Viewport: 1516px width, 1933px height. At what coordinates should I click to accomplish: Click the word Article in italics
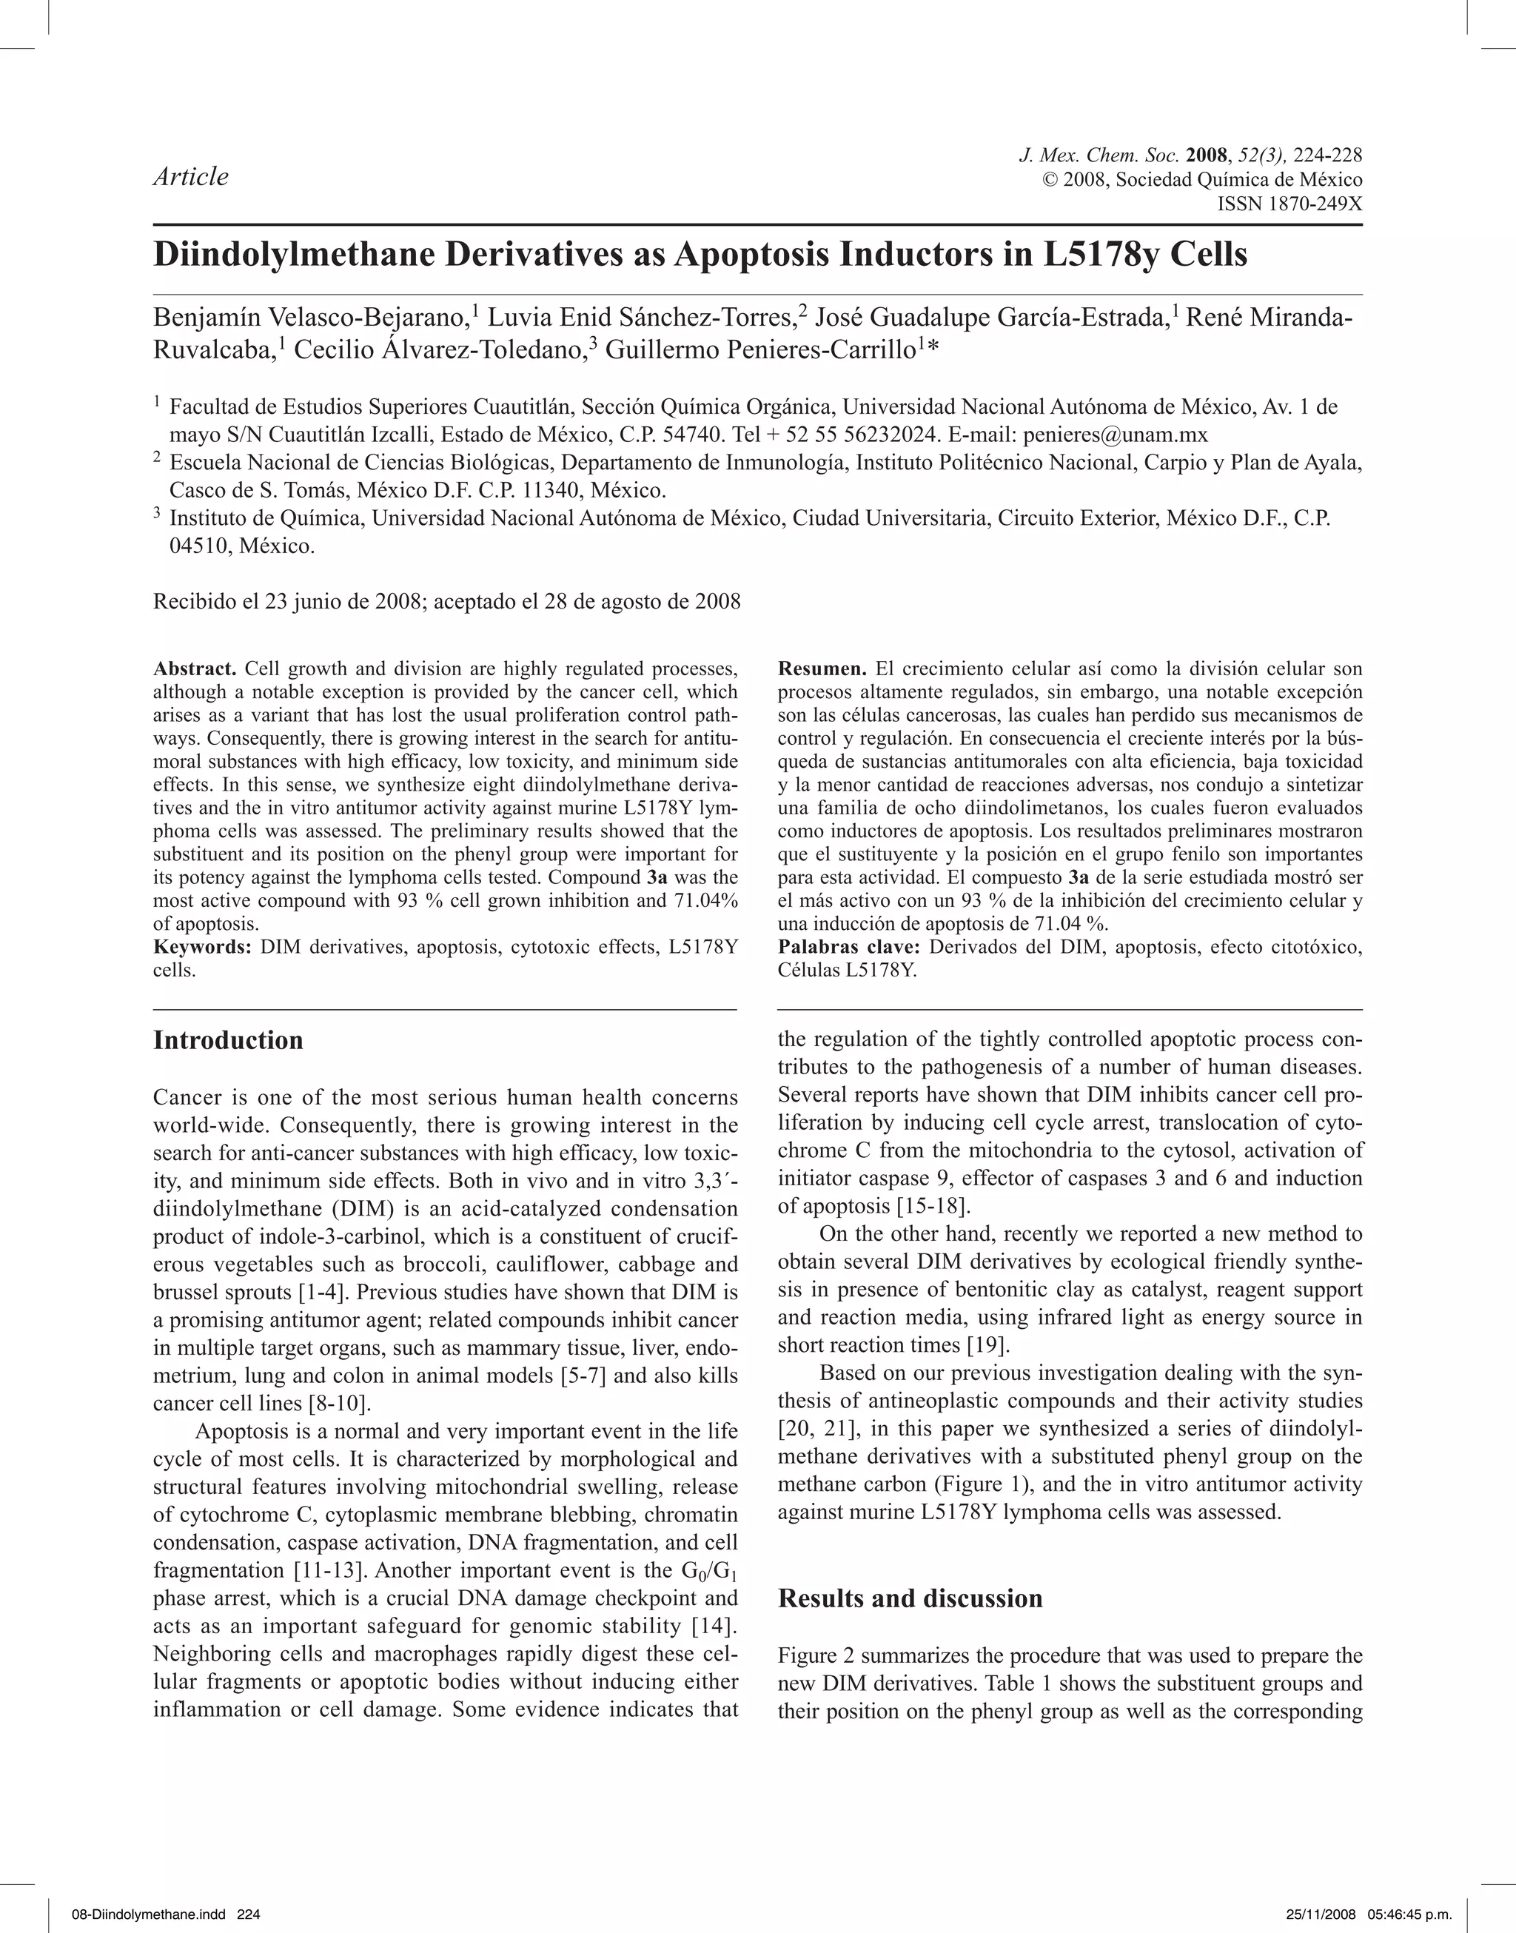point(191,177)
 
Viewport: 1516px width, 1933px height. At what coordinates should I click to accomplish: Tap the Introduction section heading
point(228,1040)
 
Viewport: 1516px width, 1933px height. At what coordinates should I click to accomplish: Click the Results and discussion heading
point(910,1598)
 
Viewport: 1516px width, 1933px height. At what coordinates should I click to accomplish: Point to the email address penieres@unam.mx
point(1115,435)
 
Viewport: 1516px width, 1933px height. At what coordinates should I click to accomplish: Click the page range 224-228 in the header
point(1328,155)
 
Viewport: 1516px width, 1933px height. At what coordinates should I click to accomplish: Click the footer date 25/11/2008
point(1316,1914)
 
